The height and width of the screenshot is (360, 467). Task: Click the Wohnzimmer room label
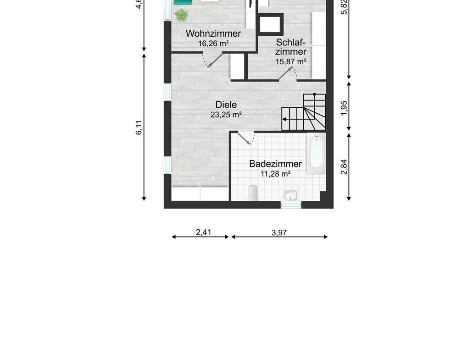[213, 33]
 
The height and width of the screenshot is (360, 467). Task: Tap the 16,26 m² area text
[213, 44]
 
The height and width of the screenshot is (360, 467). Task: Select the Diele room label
[226, 105]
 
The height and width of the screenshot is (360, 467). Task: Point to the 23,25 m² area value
[226, 114]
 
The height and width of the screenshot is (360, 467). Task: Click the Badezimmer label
[276, 164]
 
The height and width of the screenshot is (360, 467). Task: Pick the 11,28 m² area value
[276, 174]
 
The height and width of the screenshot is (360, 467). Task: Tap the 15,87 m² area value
[291, 61]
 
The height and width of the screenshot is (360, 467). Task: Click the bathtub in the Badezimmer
[316, 153]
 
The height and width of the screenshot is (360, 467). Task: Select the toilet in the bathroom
[253, 192]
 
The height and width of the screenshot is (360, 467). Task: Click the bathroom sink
[290, 195]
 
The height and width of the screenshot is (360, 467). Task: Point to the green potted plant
[181, 15]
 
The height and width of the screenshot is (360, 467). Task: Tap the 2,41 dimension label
[203, 232]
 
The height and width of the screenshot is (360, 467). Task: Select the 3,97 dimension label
[279, 233]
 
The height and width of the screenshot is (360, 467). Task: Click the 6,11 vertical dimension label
[139, 127]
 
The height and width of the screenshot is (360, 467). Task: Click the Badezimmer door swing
[247, 138]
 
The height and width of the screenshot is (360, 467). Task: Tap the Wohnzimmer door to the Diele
[213, 61]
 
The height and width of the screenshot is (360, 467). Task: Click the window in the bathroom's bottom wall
[291, 205]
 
